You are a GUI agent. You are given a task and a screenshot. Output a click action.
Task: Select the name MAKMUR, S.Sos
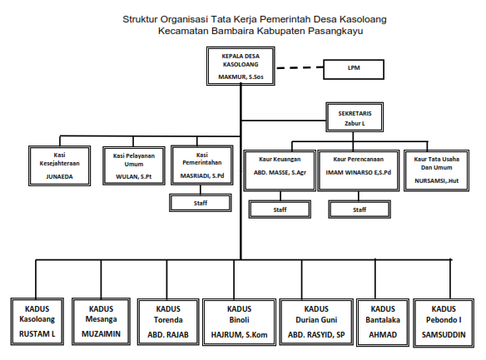(x=241, y=76)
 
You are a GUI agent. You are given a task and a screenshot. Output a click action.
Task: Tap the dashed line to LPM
(x=300, y=67)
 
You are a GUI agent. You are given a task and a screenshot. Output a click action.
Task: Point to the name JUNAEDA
(x=60, y=177)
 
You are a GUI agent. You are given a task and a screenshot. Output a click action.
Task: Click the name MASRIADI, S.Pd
(x=202, y=175)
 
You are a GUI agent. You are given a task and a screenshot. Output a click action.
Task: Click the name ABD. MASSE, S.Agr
(x=280, y=173)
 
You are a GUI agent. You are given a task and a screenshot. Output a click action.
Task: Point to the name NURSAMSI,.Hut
(x=436, y=180)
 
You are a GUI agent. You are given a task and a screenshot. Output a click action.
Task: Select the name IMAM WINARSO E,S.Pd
(x=359, y=173)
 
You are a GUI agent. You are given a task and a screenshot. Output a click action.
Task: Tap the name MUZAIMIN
(x=101, y=334)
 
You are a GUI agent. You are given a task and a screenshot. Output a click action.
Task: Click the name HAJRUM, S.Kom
(x=240, y=334)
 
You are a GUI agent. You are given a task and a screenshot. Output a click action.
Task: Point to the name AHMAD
(x=383, y=334)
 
